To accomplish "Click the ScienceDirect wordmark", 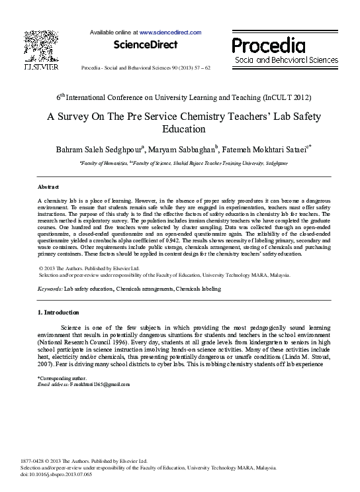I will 146,45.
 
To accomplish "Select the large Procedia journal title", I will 268,46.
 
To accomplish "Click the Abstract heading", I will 48,187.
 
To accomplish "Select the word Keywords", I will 50,289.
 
